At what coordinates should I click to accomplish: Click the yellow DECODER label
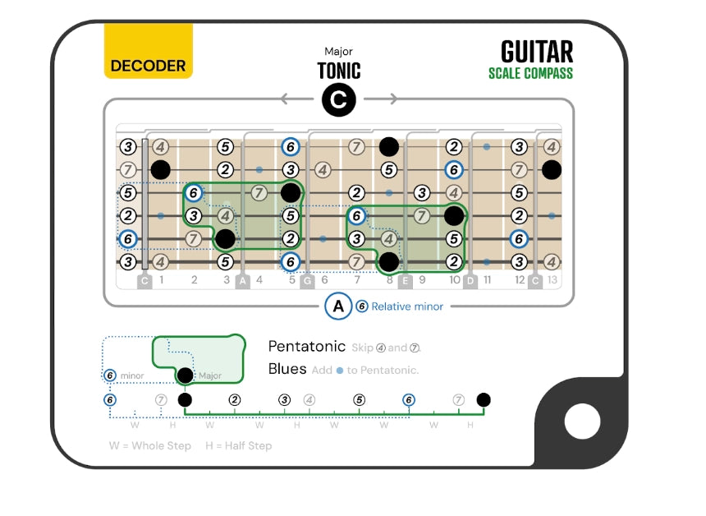pos(148,66)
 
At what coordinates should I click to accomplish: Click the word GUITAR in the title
pos(537,52)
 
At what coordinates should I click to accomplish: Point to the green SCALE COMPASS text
pos(530,73)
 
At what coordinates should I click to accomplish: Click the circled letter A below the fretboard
pos(337,306)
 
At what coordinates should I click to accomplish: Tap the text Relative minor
pos(407,306)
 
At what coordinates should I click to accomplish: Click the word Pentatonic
pos(306,346)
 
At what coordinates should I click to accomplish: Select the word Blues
pos(287,369)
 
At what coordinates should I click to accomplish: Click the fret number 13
pos(552,280)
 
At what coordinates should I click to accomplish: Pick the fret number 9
pos(422,280)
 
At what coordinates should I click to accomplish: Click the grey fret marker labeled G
pos(307,281)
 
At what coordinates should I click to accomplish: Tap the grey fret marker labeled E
pos(405,281)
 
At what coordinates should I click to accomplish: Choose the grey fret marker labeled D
pos(470,281)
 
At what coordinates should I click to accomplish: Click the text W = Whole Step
pos(150,445)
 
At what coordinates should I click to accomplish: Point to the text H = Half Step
pos(238,445)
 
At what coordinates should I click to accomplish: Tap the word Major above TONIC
pos(338,52)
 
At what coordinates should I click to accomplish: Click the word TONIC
pos(338,71)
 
